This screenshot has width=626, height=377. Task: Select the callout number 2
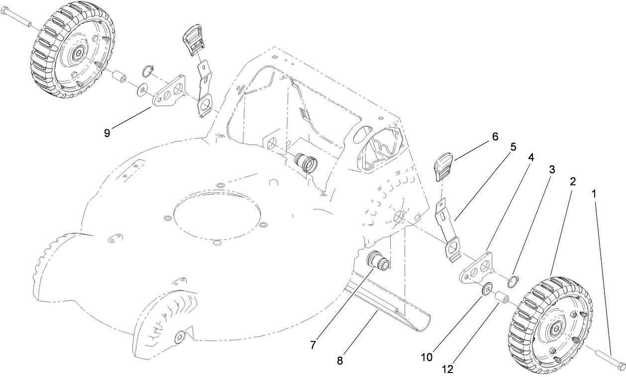click(573, 182)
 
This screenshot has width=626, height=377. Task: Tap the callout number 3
click(552, 170)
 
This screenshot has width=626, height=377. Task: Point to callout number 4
click(531, 158)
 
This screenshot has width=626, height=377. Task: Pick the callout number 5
click(513, 147)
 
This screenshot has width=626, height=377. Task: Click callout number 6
click(495, 136)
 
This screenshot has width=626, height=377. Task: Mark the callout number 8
click(340, 361)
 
